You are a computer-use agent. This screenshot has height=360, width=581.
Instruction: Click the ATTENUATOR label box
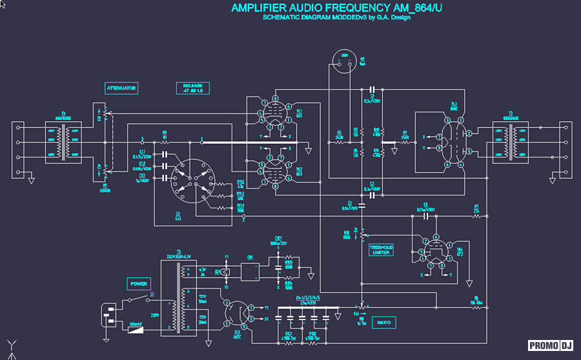(122, 88)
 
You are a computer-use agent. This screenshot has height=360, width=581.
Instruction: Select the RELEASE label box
(192, 88)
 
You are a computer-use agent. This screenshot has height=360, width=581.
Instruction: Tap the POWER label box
(139, 284)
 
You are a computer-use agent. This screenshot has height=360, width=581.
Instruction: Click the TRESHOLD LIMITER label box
(381, 250)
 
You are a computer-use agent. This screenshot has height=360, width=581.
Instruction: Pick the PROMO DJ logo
(551, 345)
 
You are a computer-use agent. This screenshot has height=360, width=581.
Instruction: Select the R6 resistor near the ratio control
(475, 307)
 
